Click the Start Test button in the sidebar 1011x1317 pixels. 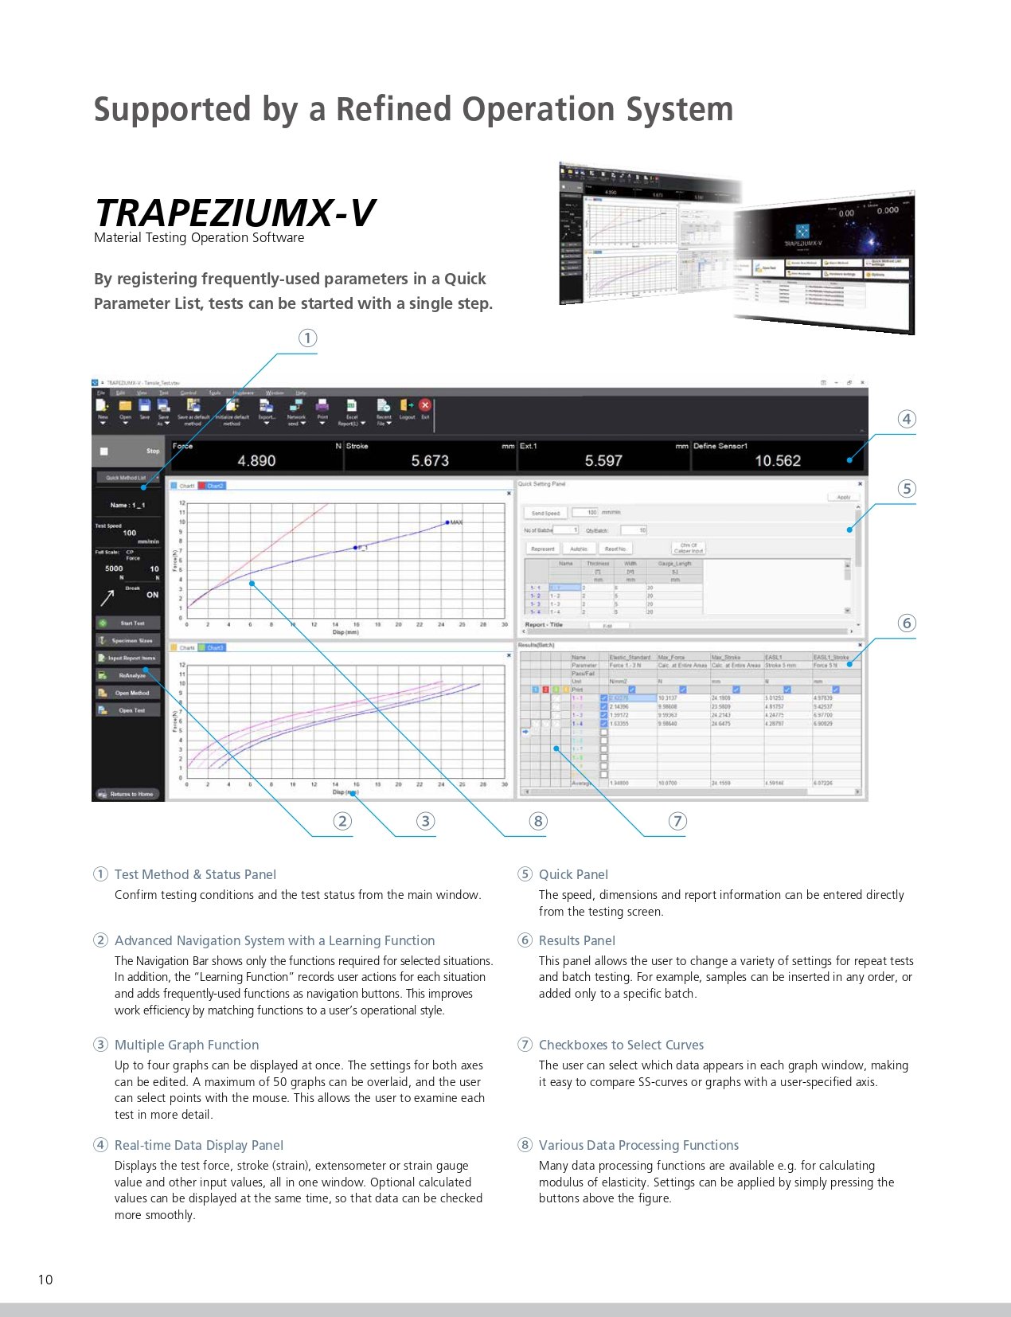(x=128, y=623)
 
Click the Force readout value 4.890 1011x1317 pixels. (x=256, y=460)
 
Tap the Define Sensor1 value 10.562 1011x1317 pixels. (x=778, y=460)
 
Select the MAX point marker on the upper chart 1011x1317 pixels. (x=447, y=522)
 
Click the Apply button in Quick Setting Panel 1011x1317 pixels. (x=843, y=497)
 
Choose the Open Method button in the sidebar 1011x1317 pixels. (x=128, y=693)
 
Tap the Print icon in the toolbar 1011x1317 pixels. (x=322, y=408)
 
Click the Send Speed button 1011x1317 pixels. (x=545, y=513)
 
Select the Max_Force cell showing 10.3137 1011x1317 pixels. (x=669, y=698)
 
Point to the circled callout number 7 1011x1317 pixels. (x=677, y=821)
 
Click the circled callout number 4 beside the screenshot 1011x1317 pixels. (x=907, y=419)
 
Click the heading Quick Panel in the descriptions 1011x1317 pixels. (x=573, y=874)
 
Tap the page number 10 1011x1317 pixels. (x=45, y=1280)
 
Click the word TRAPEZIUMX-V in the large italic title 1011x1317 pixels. (x=234, y=213)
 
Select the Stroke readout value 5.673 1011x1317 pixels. (x=430, y=460)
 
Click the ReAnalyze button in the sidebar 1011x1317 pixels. (x=128, y=675)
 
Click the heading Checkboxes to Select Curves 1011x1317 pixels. (x=621, y=1045)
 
